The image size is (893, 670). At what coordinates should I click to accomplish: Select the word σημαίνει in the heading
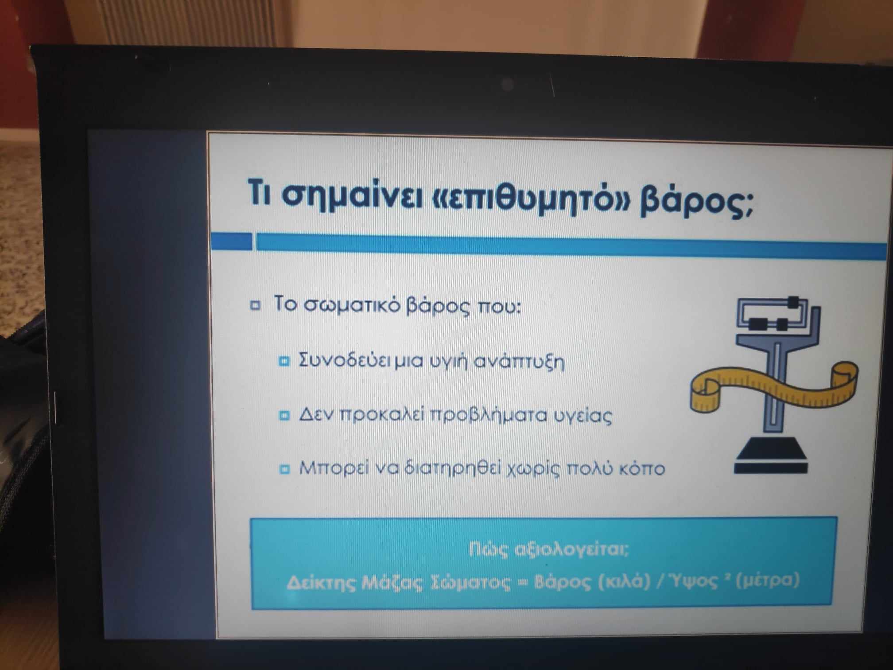pyautogui.click(x=352, y=195)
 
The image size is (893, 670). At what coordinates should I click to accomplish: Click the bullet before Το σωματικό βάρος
pyautogui.click(x=255, y=305)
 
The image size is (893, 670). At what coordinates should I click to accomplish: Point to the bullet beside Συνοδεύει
pyautogui.click(x=284, y=361)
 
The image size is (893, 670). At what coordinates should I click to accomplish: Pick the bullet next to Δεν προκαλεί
pyautogui.click(x=284, y=416)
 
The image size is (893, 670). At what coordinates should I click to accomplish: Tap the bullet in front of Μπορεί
pyautogui.click(x=284, y=469)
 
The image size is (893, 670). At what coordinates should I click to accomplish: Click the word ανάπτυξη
pyautogui.click(x=519, y=362)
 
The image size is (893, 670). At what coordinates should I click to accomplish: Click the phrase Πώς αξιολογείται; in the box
pyautogui.click(x=548, y=550)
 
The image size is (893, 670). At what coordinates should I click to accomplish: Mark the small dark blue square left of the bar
pyautogui.click(x=231, y=242)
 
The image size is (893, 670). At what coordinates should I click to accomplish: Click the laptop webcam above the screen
pyautogui.click(x=509, y=84)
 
